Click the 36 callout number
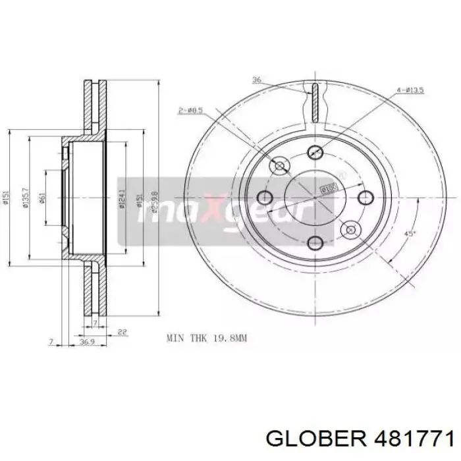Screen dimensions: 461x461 tap(256, 80)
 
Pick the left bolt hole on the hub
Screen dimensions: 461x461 tap(265, 197)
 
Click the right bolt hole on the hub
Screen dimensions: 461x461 tap(364, 197)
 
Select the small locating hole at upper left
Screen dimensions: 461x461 tap(280, 165)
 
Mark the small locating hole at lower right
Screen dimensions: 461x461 tap(350, 229)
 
